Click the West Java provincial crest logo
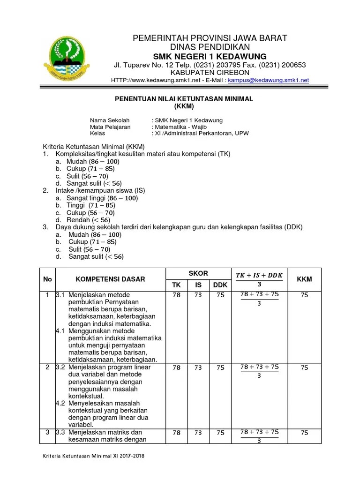72,57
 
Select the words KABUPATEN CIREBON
210,73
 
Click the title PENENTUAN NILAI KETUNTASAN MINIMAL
184,99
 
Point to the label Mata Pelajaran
110,127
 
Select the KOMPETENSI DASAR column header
111,279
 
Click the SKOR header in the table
198,273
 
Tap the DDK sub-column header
220,284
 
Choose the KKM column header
304,279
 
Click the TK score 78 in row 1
176,295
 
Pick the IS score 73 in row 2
198,368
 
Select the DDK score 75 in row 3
220,433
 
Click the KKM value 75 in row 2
304,368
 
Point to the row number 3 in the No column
47,432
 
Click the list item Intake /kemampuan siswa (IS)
100,191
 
